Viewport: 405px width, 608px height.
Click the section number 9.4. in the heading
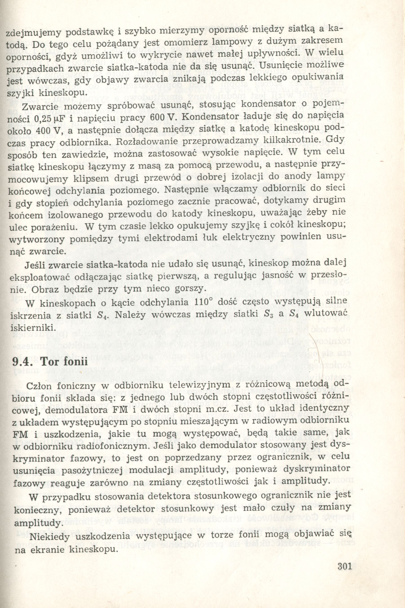point(24,361)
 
